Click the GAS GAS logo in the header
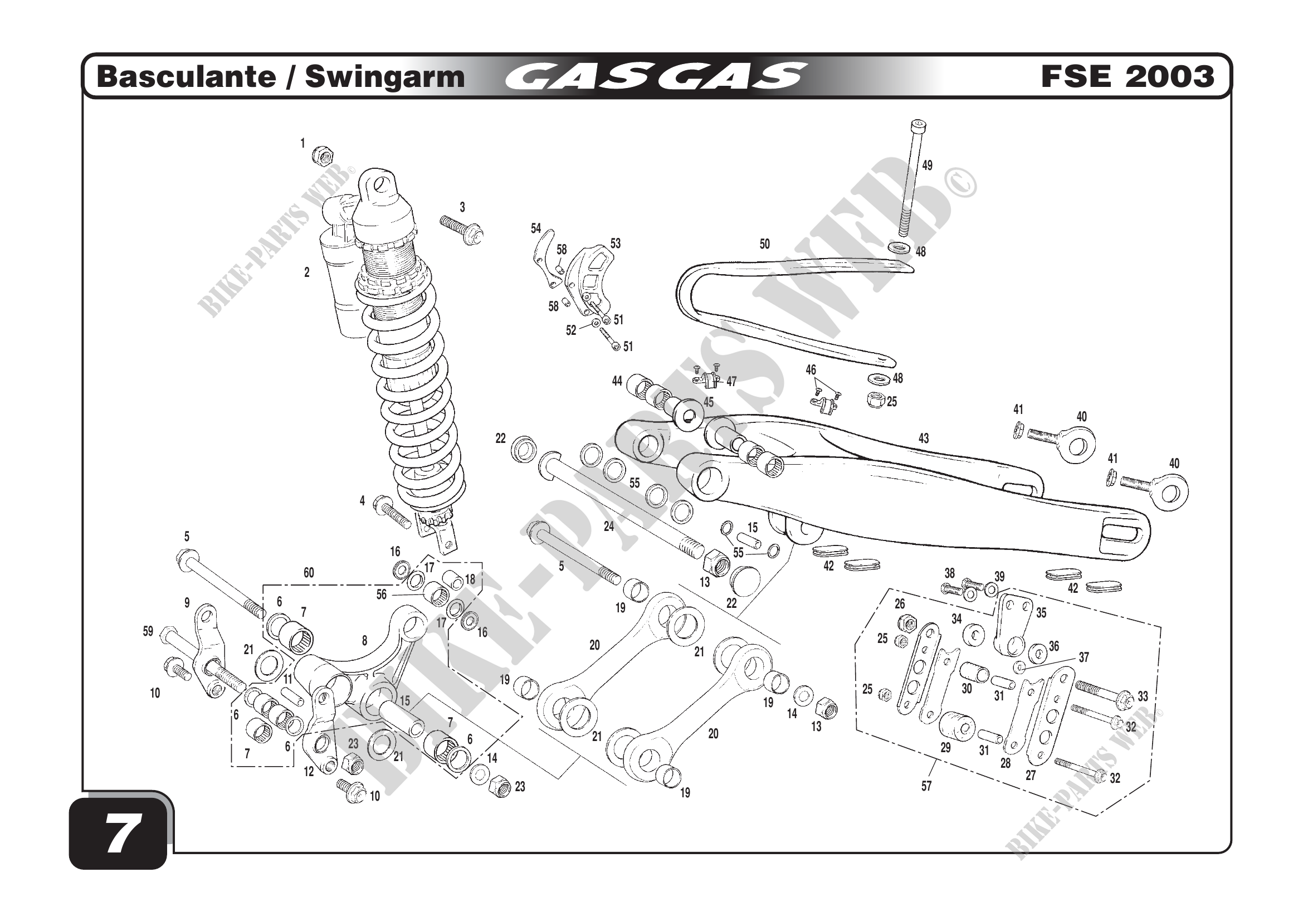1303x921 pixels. click(655, 76)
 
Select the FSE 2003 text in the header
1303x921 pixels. click(1127, 76)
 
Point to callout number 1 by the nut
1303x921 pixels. click(303, 144)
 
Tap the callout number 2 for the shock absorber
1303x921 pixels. click(307, 272)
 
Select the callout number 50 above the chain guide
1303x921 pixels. click(765, 244)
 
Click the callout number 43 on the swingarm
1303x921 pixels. click(924, 438)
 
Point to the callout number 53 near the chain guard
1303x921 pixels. click(615, 243)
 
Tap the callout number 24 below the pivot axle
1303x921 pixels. click(609, 527)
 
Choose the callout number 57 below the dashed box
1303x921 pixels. click(926, 786)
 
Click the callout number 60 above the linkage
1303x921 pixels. click(309, 573)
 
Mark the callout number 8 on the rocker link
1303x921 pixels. click(364, 641)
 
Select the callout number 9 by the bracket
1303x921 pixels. click(187, 603)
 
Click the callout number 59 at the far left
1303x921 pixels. click(148, 631)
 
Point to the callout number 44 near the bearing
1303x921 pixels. click(617, 381)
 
